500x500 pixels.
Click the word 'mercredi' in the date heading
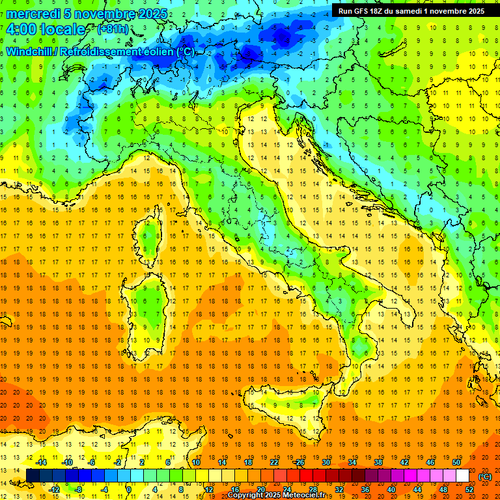tap(33, 14)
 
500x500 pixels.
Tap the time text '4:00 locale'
tap(46, 30)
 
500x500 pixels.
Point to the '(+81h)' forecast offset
tap(113, 29)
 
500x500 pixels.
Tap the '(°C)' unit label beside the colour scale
tap(485, 477)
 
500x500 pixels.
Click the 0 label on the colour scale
tap(129, 489)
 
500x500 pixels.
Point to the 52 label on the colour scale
tap(469, 489)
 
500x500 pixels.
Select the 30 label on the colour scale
tap(326, 462)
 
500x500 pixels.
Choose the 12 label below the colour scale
tap(210, 489)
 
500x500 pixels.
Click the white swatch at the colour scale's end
tap(462, 476)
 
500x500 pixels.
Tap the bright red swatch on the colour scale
tap(306, 476)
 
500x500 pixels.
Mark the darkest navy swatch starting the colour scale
tap(33, 476)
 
